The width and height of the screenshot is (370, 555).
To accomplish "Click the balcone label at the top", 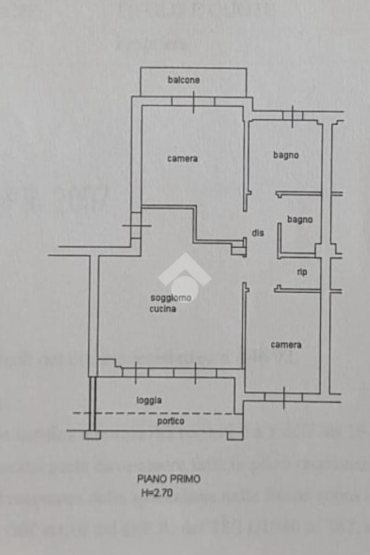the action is tap(184, 80).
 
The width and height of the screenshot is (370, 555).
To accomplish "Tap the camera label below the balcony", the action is tap(183, 159).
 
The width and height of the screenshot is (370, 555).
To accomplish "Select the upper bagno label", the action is tap(286, 156).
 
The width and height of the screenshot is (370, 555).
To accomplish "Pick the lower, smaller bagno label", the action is tap(300, 220).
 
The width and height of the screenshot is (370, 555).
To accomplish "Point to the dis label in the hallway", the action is tap(258, 233).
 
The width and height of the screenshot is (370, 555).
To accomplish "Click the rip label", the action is tap(302, 272).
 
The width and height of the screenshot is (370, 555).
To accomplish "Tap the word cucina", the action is tap(163, 309).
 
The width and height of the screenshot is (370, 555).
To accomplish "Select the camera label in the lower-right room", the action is tap(286, 345).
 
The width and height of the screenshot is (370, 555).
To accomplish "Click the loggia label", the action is tap(149, 400).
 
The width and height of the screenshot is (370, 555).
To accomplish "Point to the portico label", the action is tap(171, 421).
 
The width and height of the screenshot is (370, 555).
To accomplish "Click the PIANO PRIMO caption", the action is tap(168, 479).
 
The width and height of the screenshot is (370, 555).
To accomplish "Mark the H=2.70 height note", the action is tap(158, 493).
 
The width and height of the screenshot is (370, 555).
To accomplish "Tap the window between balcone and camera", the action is tap(193, 101).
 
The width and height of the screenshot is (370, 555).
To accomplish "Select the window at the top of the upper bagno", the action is tap(293, 115).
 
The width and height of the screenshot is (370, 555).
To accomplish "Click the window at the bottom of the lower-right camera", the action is tap(283, 398).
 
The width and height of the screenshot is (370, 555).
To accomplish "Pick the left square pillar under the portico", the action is tap(93, 435).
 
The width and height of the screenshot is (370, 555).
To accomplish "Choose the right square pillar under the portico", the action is tap(235, 435).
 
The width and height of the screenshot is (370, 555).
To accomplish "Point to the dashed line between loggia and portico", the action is tap(157, 413).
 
